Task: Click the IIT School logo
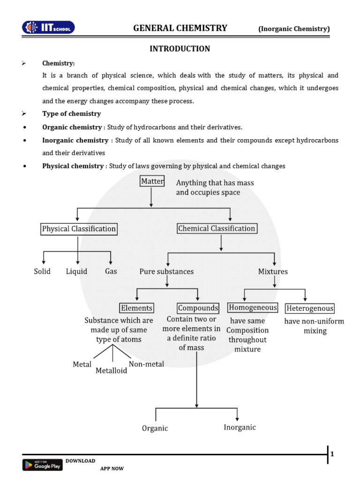point(48,28)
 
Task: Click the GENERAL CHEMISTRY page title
point(180,28)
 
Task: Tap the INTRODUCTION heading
point(180,49)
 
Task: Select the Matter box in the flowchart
point(152,181)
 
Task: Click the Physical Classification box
point(79,229)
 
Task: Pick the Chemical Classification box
point(217,229)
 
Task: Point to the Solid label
point(42,271)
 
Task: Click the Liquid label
point(76,271)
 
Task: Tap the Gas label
point(111,271)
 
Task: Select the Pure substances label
point(166,271)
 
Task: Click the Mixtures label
point(273,271)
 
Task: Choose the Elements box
point(136,308)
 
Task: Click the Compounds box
point(198,308)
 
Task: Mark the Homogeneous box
point(253,307)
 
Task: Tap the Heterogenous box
point(310,308)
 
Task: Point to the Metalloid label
point(111,371)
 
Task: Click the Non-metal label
point(146,364)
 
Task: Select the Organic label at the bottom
point(155,428)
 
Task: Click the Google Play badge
point(42,465)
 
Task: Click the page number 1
point(332,454)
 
